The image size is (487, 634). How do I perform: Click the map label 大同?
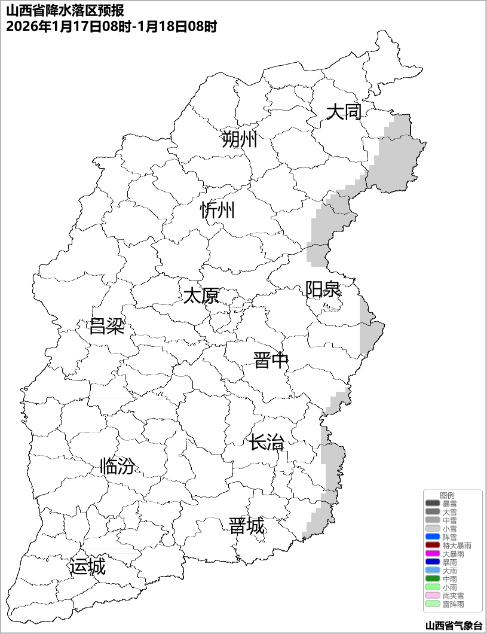[x=344, y=112]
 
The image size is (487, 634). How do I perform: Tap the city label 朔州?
[x=239, y=139]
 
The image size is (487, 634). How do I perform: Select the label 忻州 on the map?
[x=218, y=211]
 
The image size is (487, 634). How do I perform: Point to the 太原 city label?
[x=201, y=295]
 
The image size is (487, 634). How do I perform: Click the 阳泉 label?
[x=323, y=289]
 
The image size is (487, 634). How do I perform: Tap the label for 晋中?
[x=271, y=361]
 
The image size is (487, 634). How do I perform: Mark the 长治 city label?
[x=267, y=443]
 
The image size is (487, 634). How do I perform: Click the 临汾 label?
[x=117, y=466]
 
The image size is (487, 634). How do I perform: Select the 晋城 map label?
[x=246, y=526]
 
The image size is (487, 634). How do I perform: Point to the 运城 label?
[x=87, y=566]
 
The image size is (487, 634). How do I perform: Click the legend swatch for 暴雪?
[x=433, y=504]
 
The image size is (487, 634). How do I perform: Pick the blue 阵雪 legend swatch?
[x=433, y=537]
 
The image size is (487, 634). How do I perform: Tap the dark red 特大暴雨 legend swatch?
[x=433, y=545]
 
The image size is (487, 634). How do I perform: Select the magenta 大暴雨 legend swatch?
[x=433, y=554]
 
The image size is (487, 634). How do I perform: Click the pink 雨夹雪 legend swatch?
[x=433, y=596]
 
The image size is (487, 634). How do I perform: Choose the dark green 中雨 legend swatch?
[x=433, y=579]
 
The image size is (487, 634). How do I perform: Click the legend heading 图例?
[x=447, y=495]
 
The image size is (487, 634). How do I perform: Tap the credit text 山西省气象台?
[x=453, y=626]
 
